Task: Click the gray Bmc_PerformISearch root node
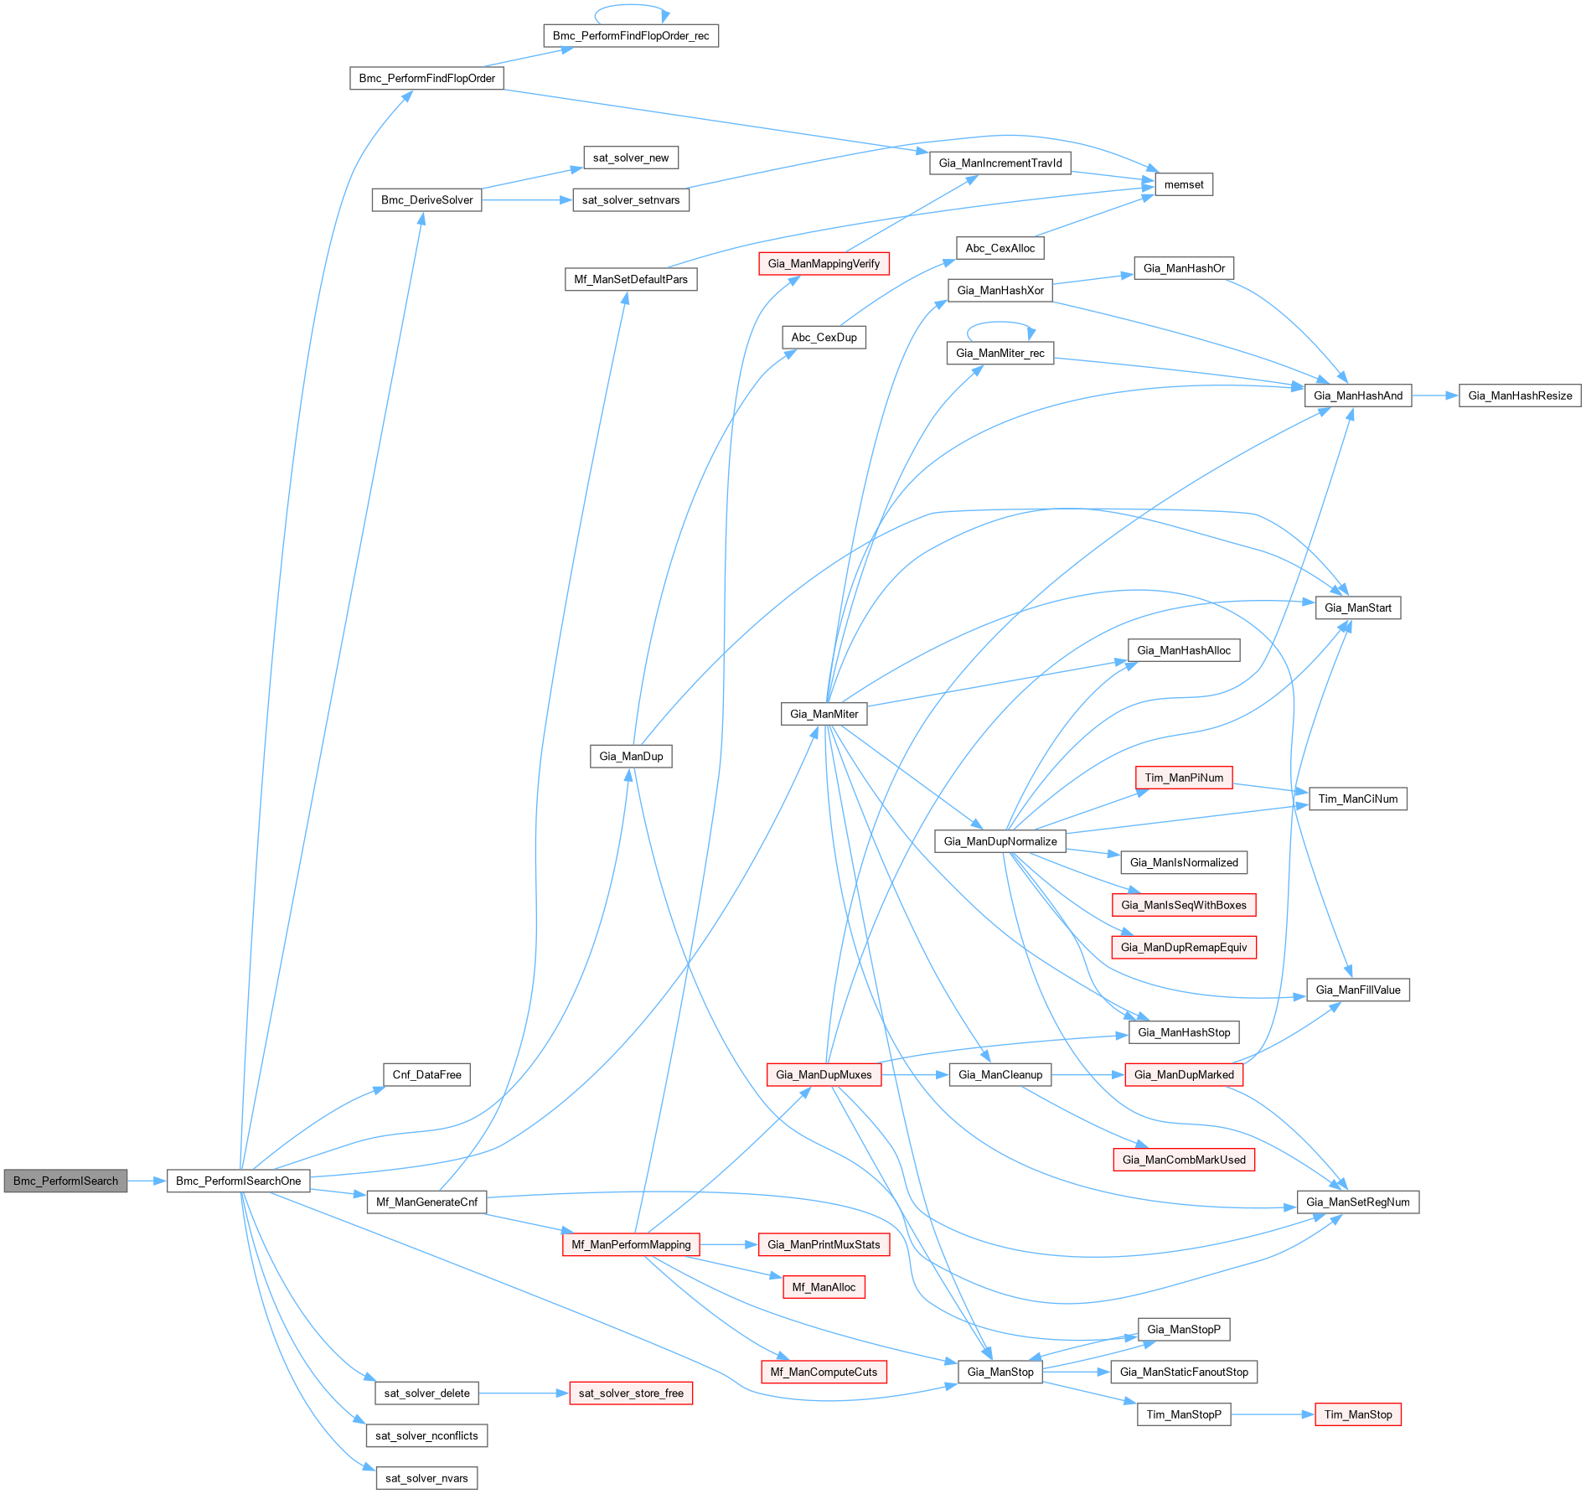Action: point(65,1181)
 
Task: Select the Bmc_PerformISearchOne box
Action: point(238,1181)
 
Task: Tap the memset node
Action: point(1183,184)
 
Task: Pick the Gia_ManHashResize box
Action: point(1520,395)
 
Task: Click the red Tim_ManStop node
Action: point(1357,1414)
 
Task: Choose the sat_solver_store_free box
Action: point(631,1393)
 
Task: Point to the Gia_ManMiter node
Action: point(824,714)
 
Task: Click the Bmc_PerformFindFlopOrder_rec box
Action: point(630,36)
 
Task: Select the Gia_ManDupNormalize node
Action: point(1000,841)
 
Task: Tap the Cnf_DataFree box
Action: point(426,1075)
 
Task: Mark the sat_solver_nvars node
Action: point(426,1478)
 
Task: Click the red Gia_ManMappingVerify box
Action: point(824,264)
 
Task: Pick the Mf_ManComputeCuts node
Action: point(824,1372)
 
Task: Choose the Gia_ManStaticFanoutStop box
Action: point(1183,1372)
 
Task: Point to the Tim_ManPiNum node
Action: point(1183,778)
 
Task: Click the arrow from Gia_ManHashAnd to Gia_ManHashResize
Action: point(1435,395)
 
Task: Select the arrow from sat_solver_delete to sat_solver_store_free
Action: point(524,1393)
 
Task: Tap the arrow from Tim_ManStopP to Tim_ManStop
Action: point(1273,1414)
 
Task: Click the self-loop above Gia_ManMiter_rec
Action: point(1000,323)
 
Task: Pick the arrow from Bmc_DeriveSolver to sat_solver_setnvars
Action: point(527,200)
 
